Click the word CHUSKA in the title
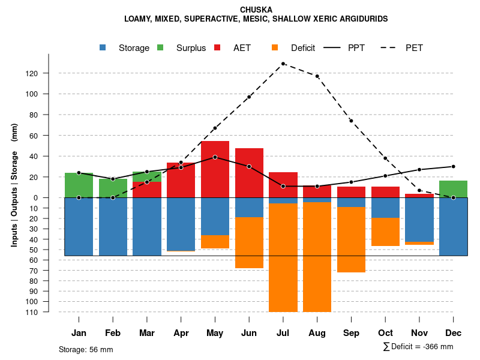(256, 10)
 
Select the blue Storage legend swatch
(103, 48)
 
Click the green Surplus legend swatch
(160, 48)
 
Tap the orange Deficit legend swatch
(275, 48)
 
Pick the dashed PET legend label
(414, 48)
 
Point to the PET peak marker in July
(283, 64)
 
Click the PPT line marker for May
(215, 157)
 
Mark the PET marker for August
(317, 76)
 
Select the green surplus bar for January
(79, 185)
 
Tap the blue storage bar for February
(113, 227)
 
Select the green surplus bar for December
(453, 189)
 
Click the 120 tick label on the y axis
(49, 73)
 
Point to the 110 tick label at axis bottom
(49, 312)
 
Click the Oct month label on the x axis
(385, 333)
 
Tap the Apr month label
(181, 333)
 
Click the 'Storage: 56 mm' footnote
(86, 349)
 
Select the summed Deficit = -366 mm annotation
(418, 347)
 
